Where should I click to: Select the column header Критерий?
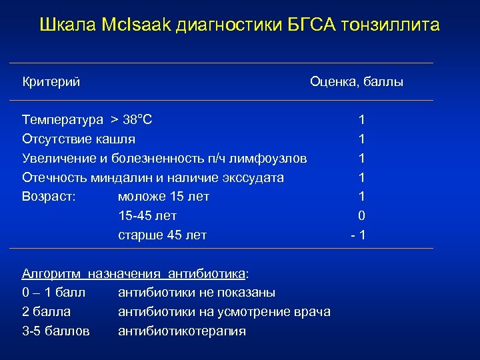(51, 82)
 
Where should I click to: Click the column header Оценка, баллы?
(356, 82)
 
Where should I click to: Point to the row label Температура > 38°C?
(87, 120)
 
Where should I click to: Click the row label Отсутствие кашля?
(79, 139)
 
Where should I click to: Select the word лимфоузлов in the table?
(273, 159)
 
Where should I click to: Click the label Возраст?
(49, 197)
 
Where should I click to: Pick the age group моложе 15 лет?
(163, 197)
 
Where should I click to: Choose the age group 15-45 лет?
(147, 216)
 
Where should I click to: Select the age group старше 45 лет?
(162, 235)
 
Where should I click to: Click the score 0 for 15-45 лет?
(361, 216)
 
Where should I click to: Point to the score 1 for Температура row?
(361, 120)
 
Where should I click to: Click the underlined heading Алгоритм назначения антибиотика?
(135, 273)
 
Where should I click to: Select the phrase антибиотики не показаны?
(197, 293)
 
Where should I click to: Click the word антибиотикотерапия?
(182, 331)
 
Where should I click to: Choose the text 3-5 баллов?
(56, 331)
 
